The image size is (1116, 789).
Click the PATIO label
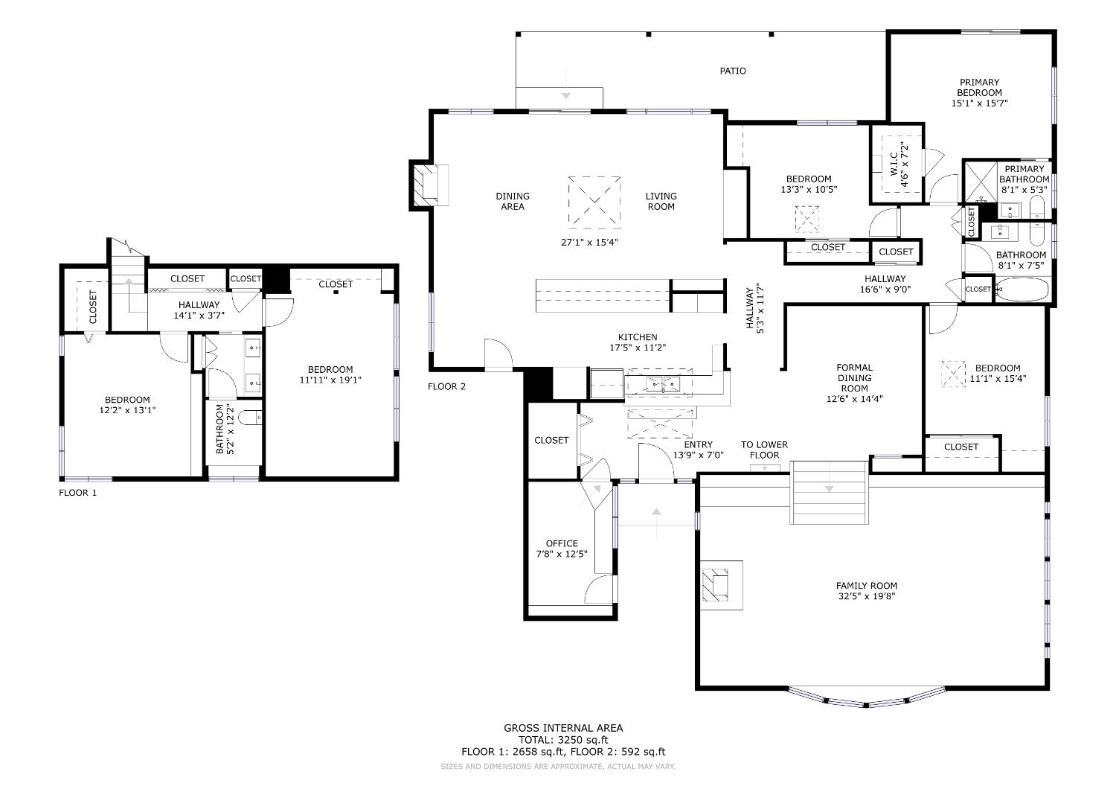tap(732, 71)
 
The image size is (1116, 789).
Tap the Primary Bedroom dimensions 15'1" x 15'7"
tap(979, 103)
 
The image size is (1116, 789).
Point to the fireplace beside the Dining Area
tap(429, 185)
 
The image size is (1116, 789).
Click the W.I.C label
tap(894, 164)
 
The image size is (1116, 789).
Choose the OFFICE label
tap(562, 543)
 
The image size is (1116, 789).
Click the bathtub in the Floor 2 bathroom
tap(1022, 290)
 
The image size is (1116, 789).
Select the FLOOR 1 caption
tap(77, 493)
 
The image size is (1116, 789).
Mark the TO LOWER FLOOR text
tap(764, 450)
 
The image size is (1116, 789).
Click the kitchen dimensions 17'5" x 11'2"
tap(637, 348)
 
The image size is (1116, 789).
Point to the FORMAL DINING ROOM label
tap(854, 378)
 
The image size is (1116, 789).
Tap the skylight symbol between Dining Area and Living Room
tap(594, 202)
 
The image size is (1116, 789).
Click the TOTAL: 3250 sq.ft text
tap(563, 740)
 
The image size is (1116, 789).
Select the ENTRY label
tap(698, 444)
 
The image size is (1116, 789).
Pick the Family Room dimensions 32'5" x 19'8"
tap(867, 596)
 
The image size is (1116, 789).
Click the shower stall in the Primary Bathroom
tap(980, 182)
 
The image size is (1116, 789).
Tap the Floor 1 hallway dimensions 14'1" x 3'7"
tap(199, 316)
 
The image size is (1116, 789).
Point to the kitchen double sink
tap(663, 384)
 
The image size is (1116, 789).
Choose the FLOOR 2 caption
tap(446, 386)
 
